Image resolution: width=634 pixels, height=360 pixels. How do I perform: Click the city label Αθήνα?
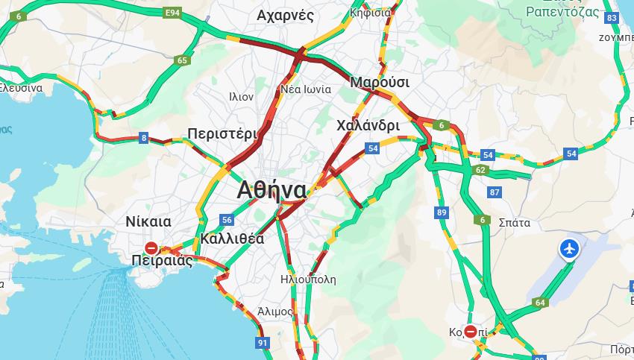point(272,190)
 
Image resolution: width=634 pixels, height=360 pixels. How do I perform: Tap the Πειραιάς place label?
point(161,261)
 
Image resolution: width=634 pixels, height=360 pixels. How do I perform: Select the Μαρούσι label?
point(380,82)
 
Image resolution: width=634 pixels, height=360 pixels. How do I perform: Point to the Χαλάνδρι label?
point(368,125)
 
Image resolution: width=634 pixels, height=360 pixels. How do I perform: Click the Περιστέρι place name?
point(222,133)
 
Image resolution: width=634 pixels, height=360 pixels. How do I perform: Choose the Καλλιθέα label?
point(232,239)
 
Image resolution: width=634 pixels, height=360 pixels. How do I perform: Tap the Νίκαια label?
point(148,221)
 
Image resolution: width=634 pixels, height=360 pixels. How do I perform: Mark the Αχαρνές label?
point(285,16)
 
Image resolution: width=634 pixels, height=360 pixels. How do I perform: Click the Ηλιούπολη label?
point(308,280)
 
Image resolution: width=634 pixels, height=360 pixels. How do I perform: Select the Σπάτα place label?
point(514,222)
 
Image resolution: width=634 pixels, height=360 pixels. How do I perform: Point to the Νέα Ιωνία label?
point(306,89)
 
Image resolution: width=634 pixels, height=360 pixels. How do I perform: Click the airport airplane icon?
point(570,249)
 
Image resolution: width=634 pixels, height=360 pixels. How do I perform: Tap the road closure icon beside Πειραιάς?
point(151,248)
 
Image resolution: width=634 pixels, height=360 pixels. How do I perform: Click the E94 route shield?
point(173,13)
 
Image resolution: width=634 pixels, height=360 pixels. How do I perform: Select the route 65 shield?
point(183,60)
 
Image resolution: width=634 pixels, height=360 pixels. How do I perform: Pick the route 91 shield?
point(262,343)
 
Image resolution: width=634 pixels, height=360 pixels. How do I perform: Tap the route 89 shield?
point(442,213)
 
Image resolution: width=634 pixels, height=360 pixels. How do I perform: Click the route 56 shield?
point(227,220)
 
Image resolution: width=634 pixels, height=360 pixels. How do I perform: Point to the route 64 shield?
point(540,303)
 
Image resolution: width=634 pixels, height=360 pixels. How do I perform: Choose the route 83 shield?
point(612,18)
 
